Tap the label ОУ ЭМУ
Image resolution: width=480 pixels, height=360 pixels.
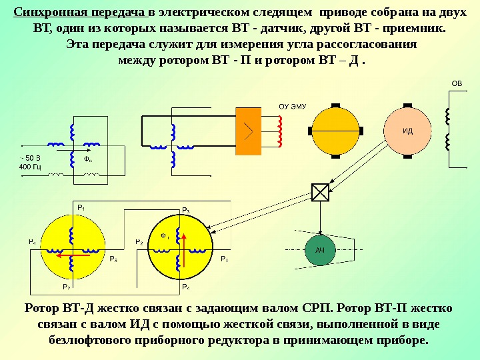point(291,106)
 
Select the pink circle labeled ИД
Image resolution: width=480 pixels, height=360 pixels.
point(407,131)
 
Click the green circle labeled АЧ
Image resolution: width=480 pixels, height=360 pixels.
point(319,249)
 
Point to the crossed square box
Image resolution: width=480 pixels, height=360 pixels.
point(320,192)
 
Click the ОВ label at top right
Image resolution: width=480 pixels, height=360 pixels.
point(456,84)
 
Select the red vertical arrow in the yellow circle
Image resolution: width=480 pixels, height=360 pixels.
point(185,247)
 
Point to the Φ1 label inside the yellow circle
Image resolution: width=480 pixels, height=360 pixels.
point(165,235)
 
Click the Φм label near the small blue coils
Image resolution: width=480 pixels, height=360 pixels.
point(87,160)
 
